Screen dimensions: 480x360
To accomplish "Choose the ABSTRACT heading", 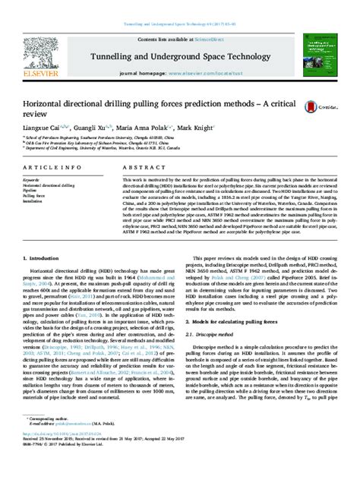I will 138,166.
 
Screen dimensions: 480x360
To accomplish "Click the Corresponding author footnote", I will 53,439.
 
